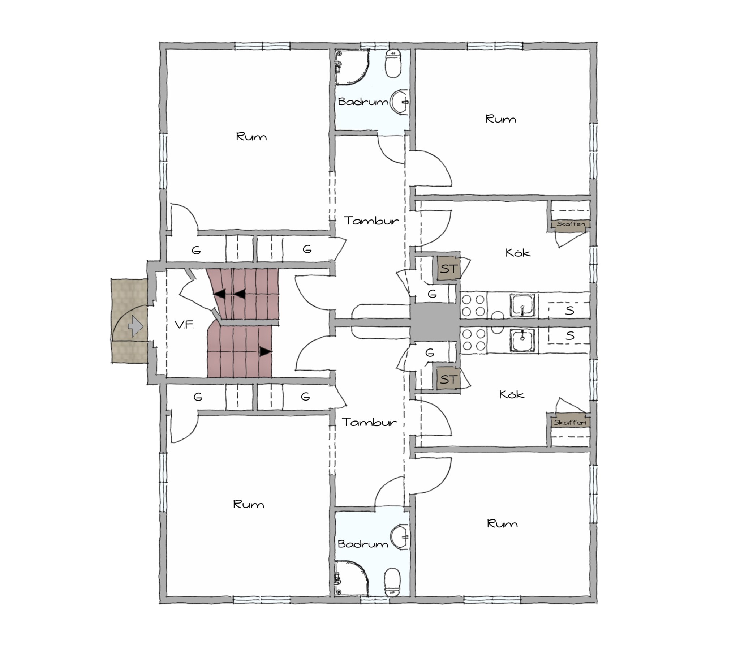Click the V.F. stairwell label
click(x=184, y=325)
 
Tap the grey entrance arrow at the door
click(x=136, y=326)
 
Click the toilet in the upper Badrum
click(x=393, y=64)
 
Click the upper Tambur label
click(x=371, y=221)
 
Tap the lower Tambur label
click(x=369, y=422)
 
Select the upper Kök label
click(x=518, y=252)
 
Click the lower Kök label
click(x=512, y=394)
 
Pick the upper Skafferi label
click(x=571, y=224)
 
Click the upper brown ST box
click(x=448, y=269)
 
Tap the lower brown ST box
click(x=448, y=379)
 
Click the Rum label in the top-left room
click(x=251, y=137)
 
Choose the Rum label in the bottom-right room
click(x=502, y=524)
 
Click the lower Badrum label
click(x=362, y=544)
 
